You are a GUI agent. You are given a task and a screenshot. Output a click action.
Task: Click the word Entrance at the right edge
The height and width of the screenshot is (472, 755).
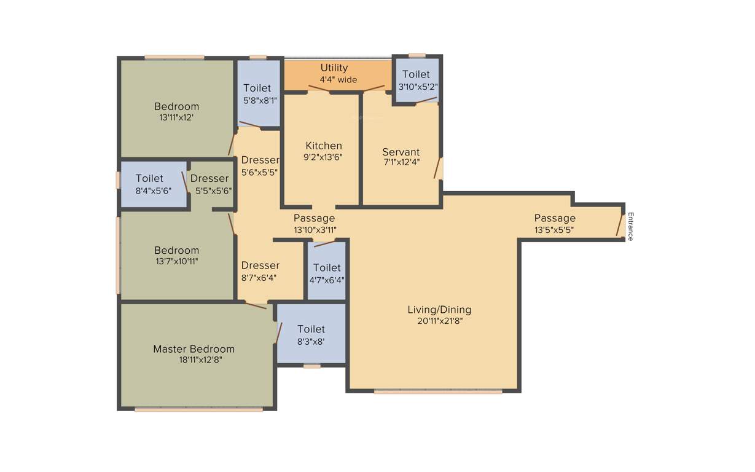(x=630, y=226)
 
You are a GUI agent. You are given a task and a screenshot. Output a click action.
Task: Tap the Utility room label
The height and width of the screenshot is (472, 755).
(x=334, y=68)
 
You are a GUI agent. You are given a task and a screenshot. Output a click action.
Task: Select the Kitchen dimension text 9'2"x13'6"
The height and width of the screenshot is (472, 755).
(x=324, y=157)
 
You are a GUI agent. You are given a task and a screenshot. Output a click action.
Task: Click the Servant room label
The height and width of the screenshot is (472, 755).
(x=401, y=152)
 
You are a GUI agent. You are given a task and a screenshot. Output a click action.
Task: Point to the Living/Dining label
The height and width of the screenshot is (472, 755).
(x=439, y=309)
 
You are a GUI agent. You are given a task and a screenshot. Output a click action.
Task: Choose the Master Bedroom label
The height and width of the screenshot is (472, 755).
(x=194, y=348)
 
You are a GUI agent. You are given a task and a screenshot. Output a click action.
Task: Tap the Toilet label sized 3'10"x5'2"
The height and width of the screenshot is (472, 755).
(x=416, y=74)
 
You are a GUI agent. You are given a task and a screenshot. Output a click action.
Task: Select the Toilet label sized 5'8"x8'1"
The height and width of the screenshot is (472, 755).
(x=257, y=88)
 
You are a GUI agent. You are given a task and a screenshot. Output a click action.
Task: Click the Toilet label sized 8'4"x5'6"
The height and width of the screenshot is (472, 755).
(x=149, y=178)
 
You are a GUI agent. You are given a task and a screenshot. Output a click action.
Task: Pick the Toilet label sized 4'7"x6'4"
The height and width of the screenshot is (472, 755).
(x=327, y=267)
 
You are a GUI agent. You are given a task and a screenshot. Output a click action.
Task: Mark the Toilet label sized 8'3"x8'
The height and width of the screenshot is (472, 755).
(x=311, y=329)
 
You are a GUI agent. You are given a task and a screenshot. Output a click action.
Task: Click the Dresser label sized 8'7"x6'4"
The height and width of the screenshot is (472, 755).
(x=260, y=265)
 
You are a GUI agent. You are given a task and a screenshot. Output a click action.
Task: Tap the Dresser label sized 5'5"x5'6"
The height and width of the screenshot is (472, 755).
(x=209, y=178)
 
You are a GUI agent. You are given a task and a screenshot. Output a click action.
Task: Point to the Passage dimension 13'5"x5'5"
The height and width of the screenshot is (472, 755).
(x=555, y=230)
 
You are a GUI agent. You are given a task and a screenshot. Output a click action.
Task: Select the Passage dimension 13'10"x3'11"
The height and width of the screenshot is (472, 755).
(x=315, y=230)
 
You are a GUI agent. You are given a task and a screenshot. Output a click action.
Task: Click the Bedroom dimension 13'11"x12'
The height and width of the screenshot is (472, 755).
(x=176, y=117)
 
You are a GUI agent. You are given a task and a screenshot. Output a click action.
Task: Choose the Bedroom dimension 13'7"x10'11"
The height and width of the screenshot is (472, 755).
(x=176, y=261)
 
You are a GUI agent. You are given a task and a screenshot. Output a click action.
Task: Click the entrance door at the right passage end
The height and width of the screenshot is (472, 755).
(x=620, y=225)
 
